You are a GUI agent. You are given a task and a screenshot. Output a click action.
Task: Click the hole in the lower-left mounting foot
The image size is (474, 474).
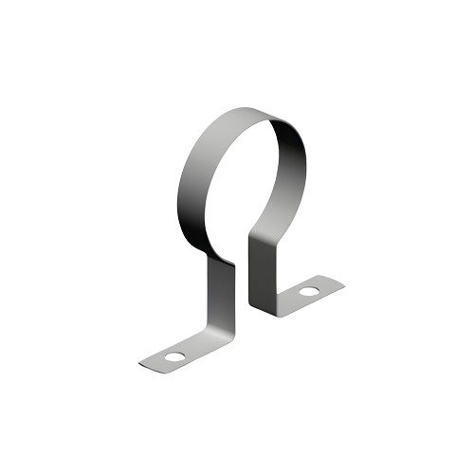[x=174, y=358]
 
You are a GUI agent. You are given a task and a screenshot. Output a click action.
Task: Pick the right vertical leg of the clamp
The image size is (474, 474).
[x=256, y=270]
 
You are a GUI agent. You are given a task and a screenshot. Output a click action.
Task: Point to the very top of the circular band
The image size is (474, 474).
[x=248, y=109]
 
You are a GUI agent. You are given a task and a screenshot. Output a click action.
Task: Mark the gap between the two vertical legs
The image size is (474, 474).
[x=240, y=284]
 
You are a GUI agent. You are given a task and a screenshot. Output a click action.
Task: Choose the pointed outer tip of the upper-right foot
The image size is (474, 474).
[x=342, y=281]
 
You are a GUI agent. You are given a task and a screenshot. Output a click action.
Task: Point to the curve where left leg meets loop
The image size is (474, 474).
[x=224, y=259]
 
